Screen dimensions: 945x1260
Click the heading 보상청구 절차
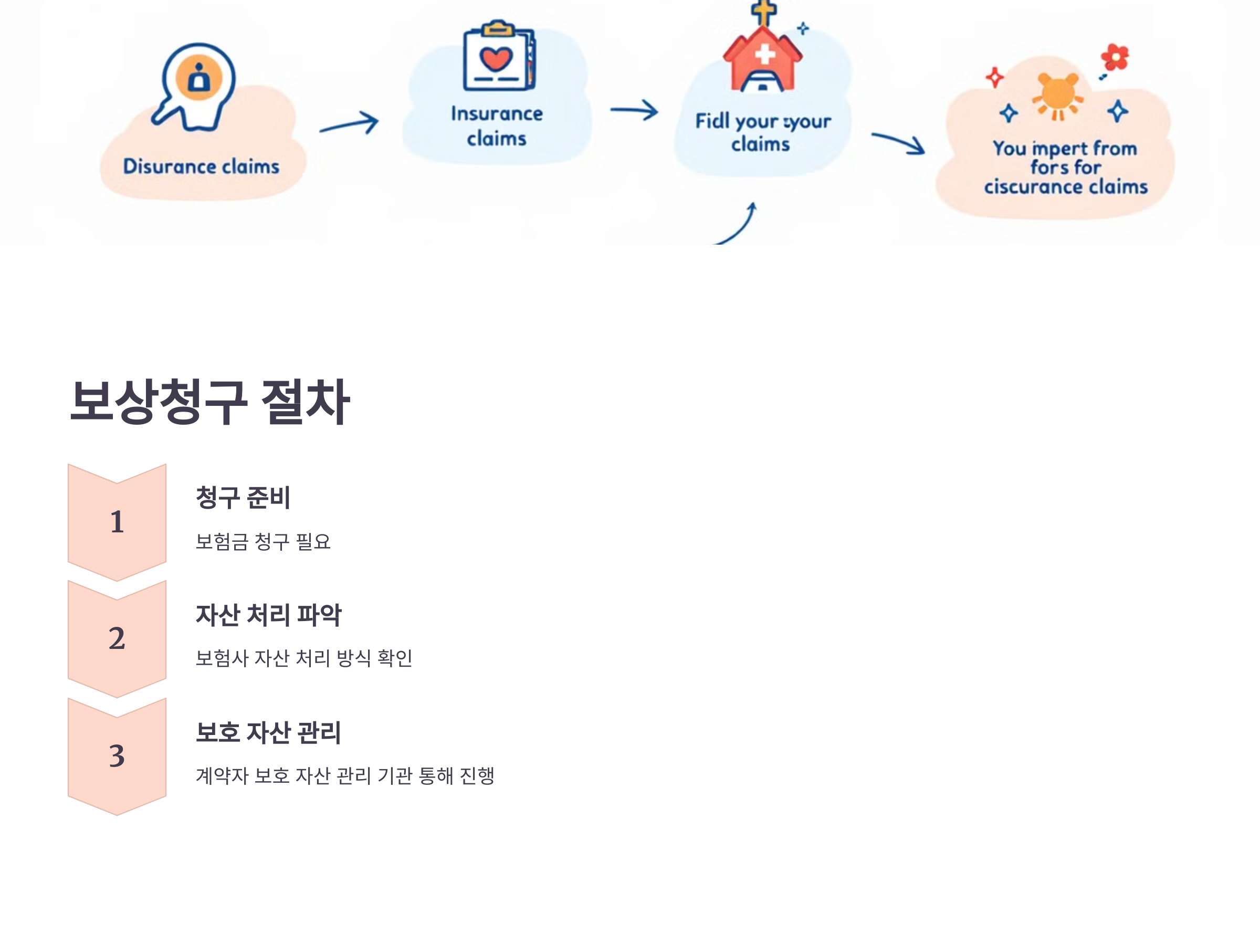(209, 402)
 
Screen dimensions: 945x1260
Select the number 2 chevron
(117, 638)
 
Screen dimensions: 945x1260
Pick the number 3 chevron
(117, 756)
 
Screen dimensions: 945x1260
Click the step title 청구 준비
(243, 497)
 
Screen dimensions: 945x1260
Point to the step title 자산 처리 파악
(268, 615)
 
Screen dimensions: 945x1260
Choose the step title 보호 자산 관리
(268, 732)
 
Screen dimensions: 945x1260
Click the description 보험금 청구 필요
(262, 542)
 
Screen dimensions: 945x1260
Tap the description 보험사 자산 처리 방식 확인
(303, 658)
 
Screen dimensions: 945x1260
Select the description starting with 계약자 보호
(344, 776)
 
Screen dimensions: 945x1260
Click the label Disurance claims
(201, 166)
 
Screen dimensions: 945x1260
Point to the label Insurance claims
(497, 126)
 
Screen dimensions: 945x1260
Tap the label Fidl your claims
(762, 132)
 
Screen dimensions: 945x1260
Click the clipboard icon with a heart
(498, 57)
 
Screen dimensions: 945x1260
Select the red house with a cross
(762, 57)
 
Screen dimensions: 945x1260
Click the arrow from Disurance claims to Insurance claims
(349, 123)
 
